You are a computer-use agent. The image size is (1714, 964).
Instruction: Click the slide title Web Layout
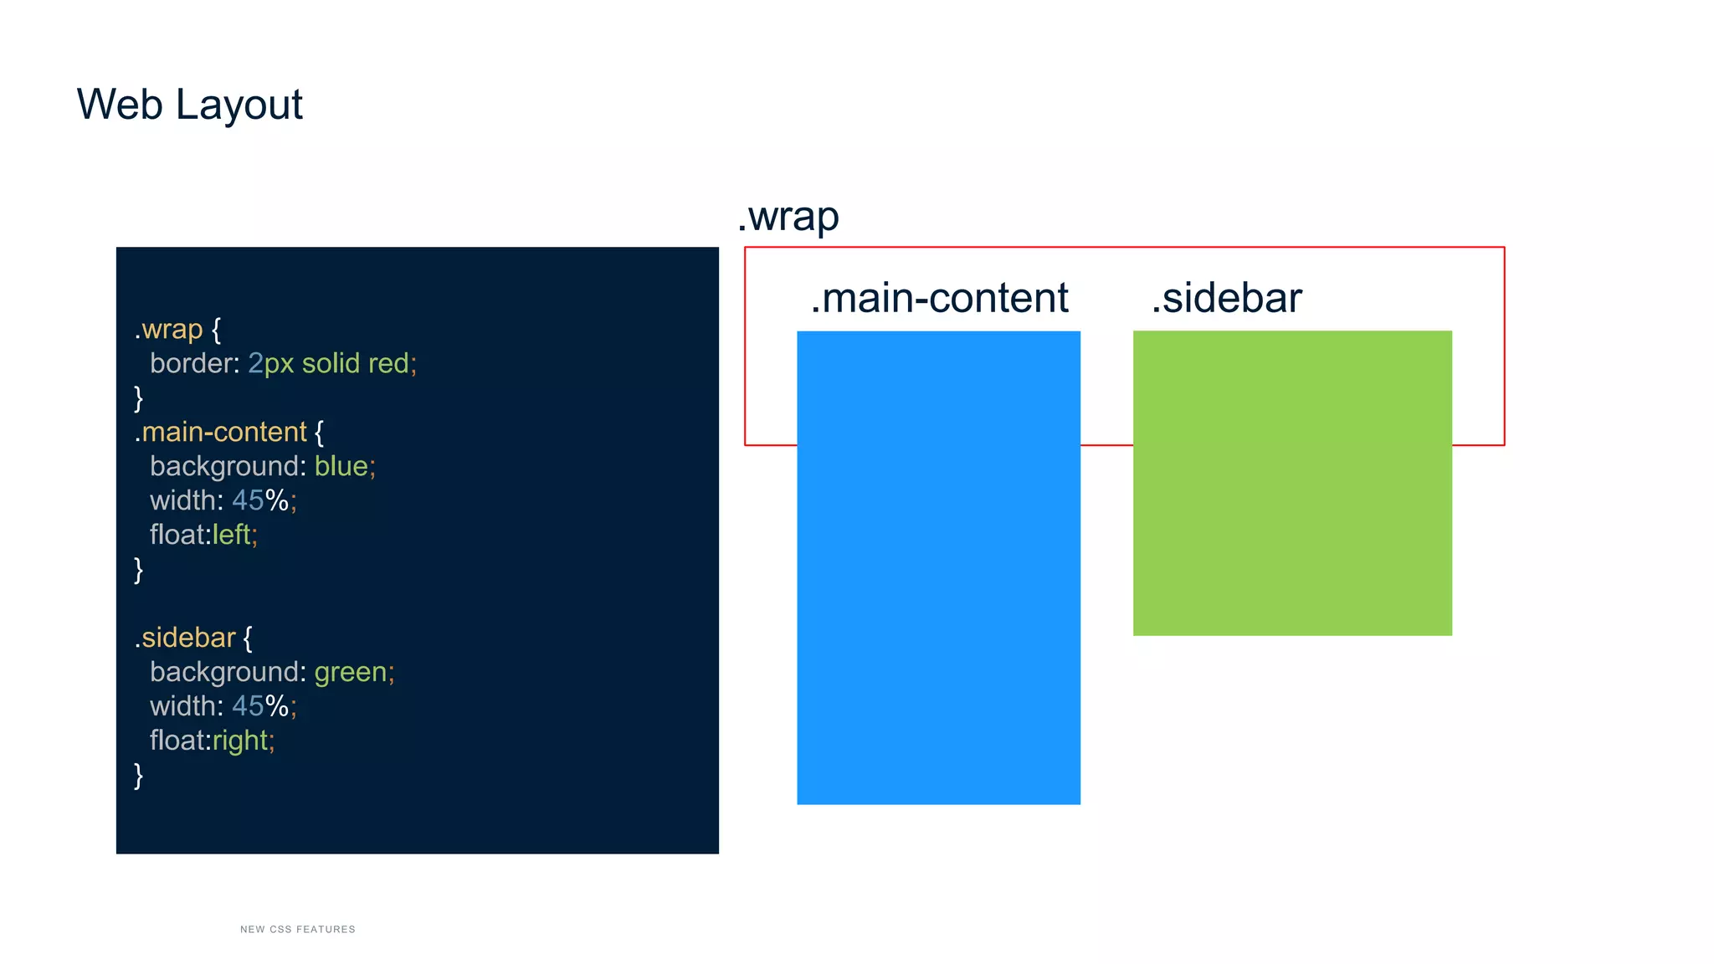point(189,105)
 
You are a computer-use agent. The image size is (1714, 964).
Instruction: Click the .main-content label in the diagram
point(939,298)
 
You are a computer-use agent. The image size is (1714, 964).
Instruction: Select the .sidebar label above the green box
point(1226,298)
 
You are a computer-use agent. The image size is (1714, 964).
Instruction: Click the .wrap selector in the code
point(169,329)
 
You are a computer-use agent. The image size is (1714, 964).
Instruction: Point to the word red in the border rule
point(388,363)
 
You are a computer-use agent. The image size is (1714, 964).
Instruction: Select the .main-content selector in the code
point(221,432)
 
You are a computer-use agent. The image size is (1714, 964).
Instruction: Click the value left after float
point(231,535)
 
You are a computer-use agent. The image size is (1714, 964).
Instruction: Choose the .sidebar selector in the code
point(185,638)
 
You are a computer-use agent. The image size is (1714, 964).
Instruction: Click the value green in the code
point(350,672)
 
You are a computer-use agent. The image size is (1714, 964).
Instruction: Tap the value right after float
point(240,741)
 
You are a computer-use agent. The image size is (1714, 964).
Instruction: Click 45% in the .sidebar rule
point(260,706)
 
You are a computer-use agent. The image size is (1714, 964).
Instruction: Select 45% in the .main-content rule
point(260,500)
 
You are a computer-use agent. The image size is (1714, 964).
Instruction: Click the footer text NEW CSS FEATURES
point(297,929)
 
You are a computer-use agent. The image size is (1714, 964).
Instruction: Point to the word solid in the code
point(331,363)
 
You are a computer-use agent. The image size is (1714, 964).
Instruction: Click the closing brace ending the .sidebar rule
point(139,775)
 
